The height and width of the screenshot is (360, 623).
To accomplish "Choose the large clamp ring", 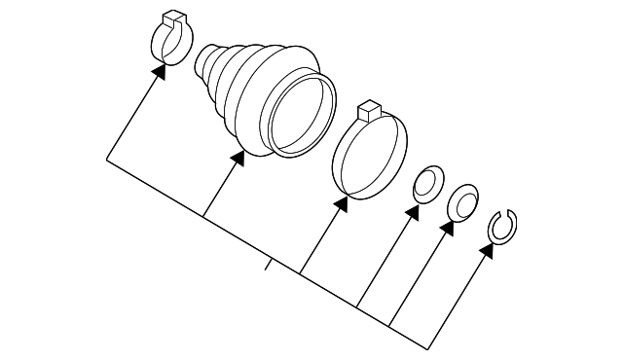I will pyautogui.click(x=369, y=155).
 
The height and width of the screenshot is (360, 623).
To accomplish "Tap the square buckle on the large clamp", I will pyautogui.click(x=367, y=110).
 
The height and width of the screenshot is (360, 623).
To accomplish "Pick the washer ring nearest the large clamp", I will pyautogui.click(x=425, y=186).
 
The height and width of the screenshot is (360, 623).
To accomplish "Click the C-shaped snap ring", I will pyautogui.click(x=502, y=226).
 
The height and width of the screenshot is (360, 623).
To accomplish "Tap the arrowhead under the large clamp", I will pyautogui.click(x=342, y=204).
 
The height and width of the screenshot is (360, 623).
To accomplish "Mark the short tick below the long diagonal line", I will pyautogui.click(x=266, y=264).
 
